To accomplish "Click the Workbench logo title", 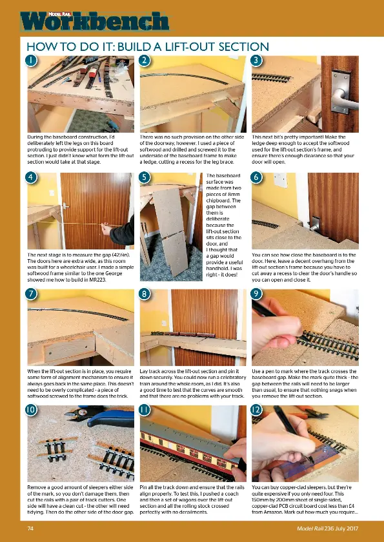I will pyautogui.click(x=95, y=21).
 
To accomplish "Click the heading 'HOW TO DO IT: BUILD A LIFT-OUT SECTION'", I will pyautogui.click(x=147, y=46).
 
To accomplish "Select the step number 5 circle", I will pyautogui.click(x=145, y=177).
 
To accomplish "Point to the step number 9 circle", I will pyautogui.click(x=257, y=294).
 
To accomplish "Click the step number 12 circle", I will pyautogui.click(x=257, y=409).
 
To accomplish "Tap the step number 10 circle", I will pyautogui.click(x=30, y=409).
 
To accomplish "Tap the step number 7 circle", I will pyautogui.click(x=30, y=294).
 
